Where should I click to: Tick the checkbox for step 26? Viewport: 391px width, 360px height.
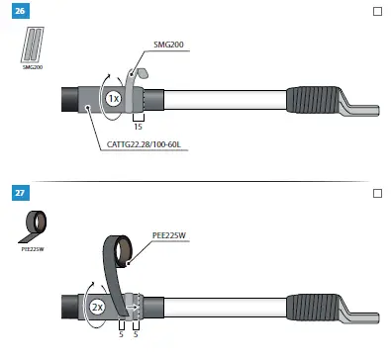click(376, 12)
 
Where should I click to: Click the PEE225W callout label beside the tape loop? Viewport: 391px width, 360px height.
click(171, 235)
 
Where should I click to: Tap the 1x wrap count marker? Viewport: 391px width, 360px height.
click(114, 100)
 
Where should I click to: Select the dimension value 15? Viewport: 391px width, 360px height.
click(140, 128)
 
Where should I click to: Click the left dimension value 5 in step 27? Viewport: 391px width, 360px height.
click(121, 334)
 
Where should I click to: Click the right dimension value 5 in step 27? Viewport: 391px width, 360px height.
click(137, 334)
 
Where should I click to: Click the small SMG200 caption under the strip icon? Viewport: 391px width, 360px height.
click(33, 66)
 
